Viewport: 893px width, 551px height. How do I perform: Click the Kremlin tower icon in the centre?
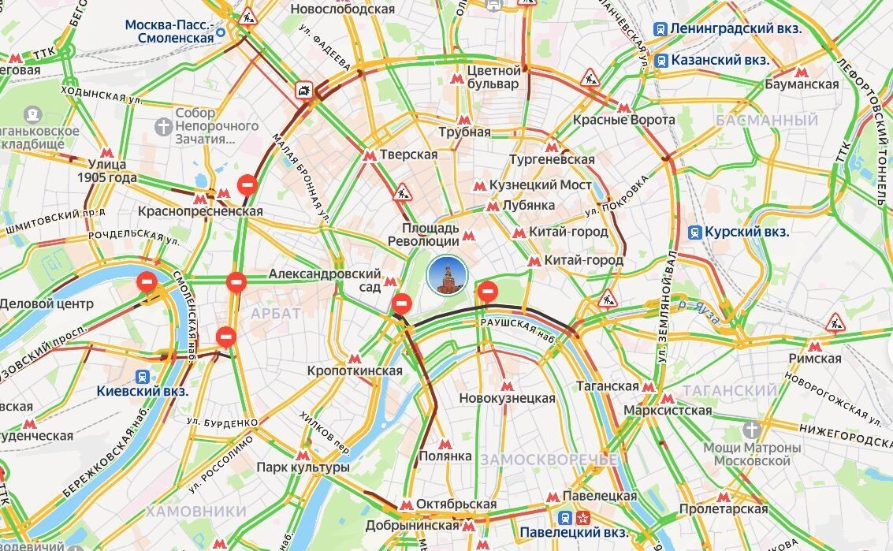pyautogui.click(x=447, y=276)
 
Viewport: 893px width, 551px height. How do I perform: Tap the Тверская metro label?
pyautogui.click(x=408, y=155)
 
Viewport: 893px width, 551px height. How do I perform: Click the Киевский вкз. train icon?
pyautogui.click(x=143, y=376)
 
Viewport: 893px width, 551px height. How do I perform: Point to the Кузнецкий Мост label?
pyautogui.click(x=540, y=185)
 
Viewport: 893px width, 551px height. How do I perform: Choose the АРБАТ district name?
pyautogui.click(x=276, y=314)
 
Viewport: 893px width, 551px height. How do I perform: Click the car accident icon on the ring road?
pyautogui.click(x=303, y=91)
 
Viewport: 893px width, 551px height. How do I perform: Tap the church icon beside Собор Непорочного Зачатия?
pyautogui.click(x=162, y=126)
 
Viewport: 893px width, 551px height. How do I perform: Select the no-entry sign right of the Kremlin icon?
pyautogui.click(x=489, y=291)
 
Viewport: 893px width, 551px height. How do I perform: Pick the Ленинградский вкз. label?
pyautogui.click(x=736, y=29)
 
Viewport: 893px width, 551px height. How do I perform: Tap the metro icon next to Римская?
pyautogui.click(x=815, y=346)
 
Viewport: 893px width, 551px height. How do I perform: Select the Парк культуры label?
pyautogui.click(x=303, y=467)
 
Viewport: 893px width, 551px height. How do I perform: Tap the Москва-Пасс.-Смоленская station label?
pyautogui.click(x=169, y=31)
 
